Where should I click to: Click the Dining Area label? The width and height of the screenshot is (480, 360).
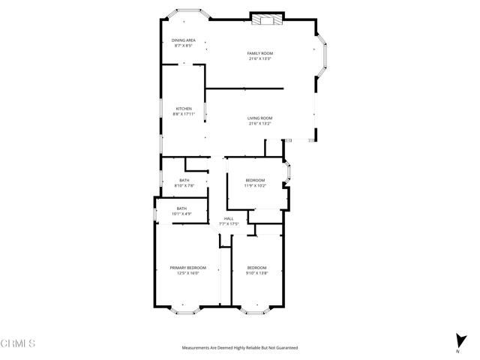pos(183,40)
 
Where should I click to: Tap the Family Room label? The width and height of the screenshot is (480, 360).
pos(259,52)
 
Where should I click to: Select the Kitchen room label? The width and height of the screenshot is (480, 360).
pos(184,109)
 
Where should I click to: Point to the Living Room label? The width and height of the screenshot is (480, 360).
pos(259,118)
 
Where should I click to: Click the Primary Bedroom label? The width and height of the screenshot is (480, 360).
pos(187,268)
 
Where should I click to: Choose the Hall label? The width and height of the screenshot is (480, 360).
pos(229,218)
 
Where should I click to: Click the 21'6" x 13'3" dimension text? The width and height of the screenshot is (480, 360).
pos(259,58)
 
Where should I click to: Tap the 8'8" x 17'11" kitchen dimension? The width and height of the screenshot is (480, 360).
pos(184,115)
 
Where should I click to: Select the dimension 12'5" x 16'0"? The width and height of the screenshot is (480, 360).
pos(187,274)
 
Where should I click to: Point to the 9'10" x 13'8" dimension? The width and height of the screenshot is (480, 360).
pos(257,274)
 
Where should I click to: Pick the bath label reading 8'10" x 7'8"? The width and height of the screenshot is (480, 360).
pos(184,185)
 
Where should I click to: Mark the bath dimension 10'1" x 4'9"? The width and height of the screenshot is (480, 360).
pos(181,214)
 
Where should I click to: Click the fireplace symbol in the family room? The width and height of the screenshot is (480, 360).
pos(265,20)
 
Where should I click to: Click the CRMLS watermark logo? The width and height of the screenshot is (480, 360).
pos(18,343)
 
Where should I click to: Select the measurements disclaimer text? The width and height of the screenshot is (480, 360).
pos(239,348)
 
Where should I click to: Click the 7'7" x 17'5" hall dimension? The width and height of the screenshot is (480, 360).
pos(229,224)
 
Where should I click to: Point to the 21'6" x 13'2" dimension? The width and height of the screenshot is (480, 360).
pos(259,124)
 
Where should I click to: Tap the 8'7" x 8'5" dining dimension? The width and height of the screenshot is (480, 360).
pos(183,46)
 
